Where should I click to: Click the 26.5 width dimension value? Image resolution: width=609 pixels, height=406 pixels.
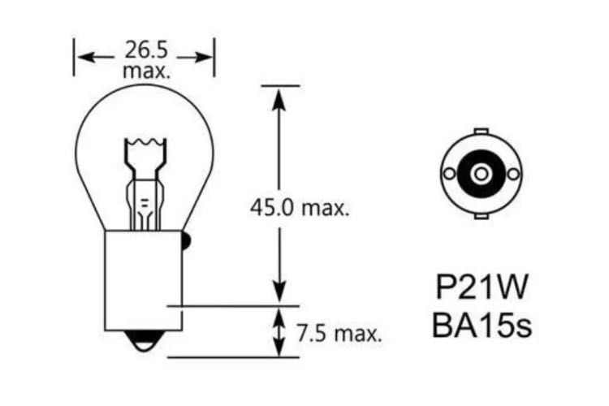[x=145, y=50]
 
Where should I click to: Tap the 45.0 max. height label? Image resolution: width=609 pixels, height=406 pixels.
[x=299, y=208]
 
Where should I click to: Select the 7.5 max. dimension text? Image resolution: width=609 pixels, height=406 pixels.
[x=339, y=333]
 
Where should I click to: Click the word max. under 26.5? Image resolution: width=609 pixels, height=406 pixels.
[x=146, y=71]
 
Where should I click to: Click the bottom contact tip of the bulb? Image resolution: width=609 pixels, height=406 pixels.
[x=144, y=343]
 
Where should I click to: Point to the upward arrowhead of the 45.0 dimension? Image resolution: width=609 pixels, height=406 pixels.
[x=279, y=97]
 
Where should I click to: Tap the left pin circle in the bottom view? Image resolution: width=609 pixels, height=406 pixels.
[x=450, y=173]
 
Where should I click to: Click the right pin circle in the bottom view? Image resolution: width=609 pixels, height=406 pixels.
[x=512, y=173]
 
